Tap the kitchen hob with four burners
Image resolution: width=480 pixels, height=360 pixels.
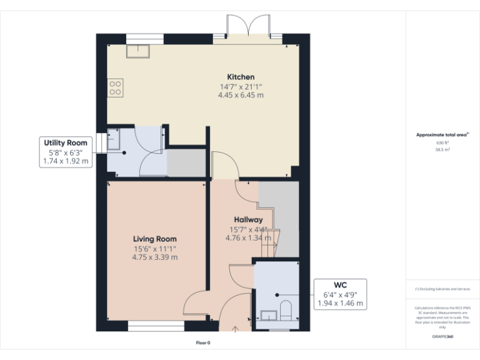(x=115, y=87)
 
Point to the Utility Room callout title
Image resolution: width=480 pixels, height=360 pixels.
(x=65, y=143)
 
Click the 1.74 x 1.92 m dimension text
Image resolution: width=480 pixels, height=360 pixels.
(x=65, y=161)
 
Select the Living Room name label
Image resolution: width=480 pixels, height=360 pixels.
(x=154, y=239)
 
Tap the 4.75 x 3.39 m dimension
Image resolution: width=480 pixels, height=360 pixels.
(x=154, y=257)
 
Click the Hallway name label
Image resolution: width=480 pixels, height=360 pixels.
(x=248, y=219)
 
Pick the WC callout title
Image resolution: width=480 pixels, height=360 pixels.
(x=341, y=286)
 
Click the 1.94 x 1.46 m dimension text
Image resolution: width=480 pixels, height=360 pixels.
(x=341, y=304)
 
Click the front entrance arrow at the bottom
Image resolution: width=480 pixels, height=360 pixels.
(x=236, y=328)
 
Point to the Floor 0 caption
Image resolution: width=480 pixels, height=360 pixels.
(x=203, y=342)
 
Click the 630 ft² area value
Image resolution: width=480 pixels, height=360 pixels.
(x=442, y=143)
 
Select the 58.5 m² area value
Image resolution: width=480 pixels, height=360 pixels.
(x=442, y=150)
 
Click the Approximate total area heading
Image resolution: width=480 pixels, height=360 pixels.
(x=441, y=134)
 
